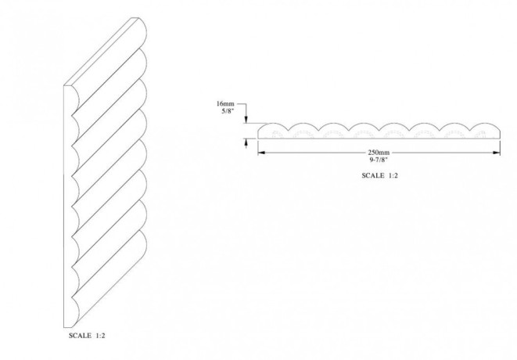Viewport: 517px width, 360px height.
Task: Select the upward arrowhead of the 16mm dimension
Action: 247,142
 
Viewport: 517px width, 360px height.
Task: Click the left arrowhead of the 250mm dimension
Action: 261,153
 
